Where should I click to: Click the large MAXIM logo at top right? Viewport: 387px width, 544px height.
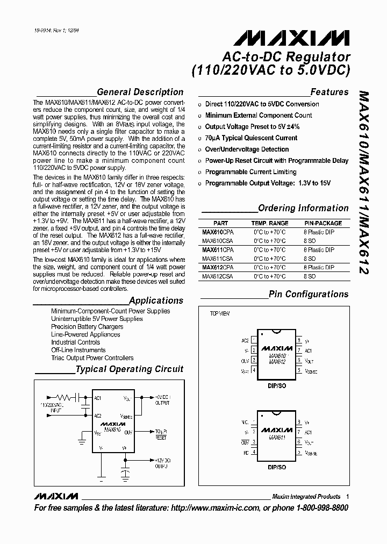[x=291, y=38]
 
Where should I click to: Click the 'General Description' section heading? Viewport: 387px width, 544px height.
[x=140, y=92]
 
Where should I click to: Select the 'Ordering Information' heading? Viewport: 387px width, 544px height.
[x=303, y=208]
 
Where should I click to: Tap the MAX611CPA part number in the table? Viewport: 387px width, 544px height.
[x=218, y=250]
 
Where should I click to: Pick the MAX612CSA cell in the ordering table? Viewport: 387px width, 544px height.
[x=218, y=276]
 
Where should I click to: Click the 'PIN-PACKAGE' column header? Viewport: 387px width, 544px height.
[x=323, y=223]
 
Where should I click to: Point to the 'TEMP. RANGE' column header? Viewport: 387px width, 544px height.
[x=269, y=223]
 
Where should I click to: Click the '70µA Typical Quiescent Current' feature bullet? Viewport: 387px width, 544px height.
[x=251, y=138]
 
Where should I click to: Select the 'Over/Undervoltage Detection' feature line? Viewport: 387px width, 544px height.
[x=247, y=149]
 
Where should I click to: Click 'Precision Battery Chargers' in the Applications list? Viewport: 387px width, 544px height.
[x=87, y=327]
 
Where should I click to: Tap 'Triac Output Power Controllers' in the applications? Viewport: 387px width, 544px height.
[x=92, y=358]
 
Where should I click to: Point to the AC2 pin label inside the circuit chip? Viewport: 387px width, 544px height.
[x=98, y=416]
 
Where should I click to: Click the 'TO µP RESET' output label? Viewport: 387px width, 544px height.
[x=161, y=434]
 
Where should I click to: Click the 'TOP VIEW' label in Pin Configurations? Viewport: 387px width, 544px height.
[x=219, y=313]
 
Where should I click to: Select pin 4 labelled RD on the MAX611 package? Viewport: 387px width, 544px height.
[x=246, y=452]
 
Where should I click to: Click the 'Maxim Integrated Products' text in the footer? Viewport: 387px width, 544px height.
[x=306, y=496]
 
